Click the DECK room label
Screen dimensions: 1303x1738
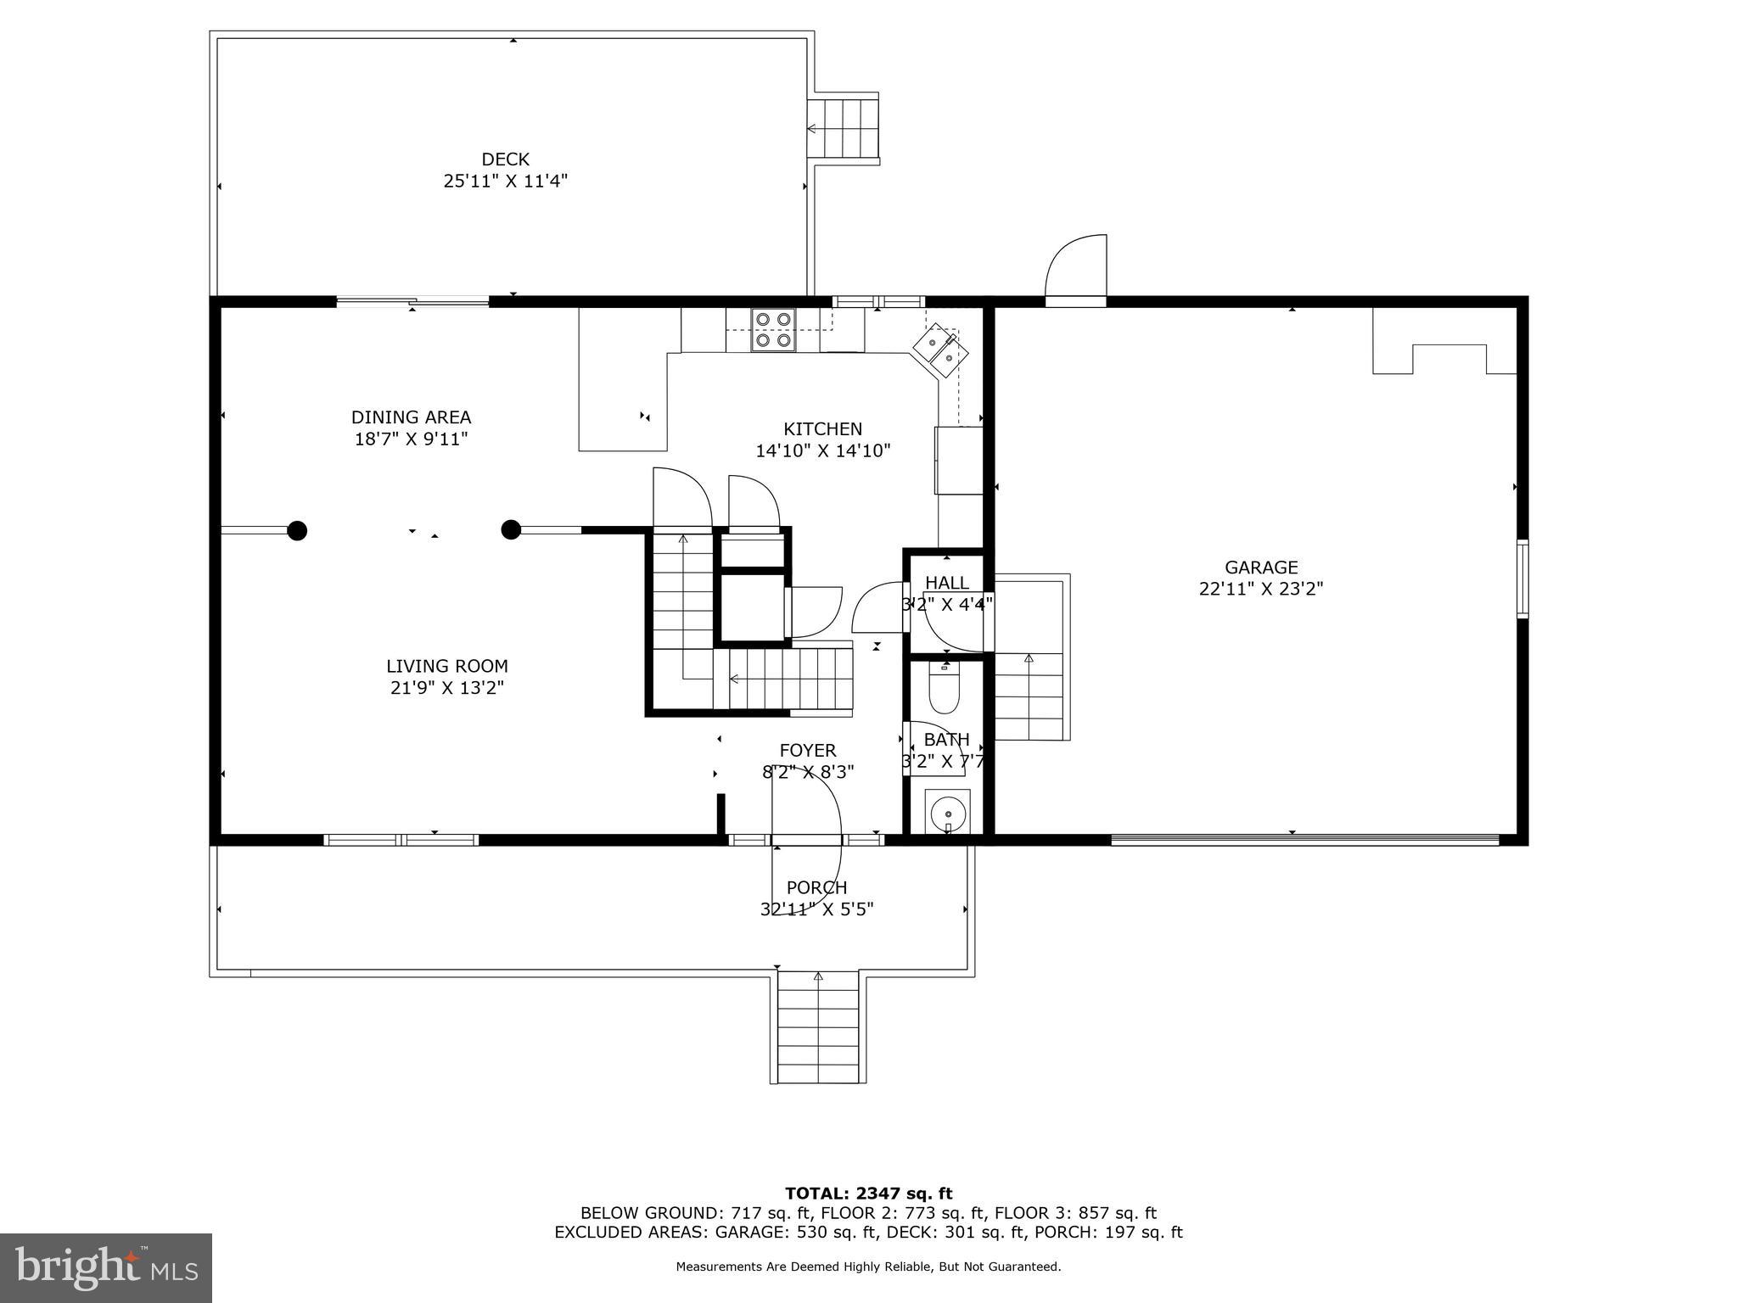pos(505,159)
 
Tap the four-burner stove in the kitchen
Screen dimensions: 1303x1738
pos(773,330)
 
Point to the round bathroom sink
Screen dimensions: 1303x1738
pos(947,814)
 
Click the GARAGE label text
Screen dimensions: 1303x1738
pos(1261,568)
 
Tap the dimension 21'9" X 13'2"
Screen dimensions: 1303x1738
pos(447,688)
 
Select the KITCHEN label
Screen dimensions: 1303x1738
pos(822,429)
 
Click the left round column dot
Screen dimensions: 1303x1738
pos(297,531)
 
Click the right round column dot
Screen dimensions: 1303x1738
pos(510,530)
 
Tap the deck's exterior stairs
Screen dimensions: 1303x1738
pos(843,128)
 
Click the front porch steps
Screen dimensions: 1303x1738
pos(818,1027)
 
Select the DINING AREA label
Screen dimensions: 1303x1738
pos(411,417)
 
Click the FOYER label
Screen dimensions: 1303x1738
pos(808,751)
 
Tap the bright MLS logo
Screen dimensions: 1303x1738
pos(106,1267)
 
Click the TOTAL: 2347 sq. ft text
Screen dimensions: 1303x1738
pos(868,1194)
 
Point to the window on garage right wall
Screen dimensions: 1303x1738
pos(1522,579)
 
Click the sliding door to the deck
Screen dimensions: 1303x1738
pos(412,300)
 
